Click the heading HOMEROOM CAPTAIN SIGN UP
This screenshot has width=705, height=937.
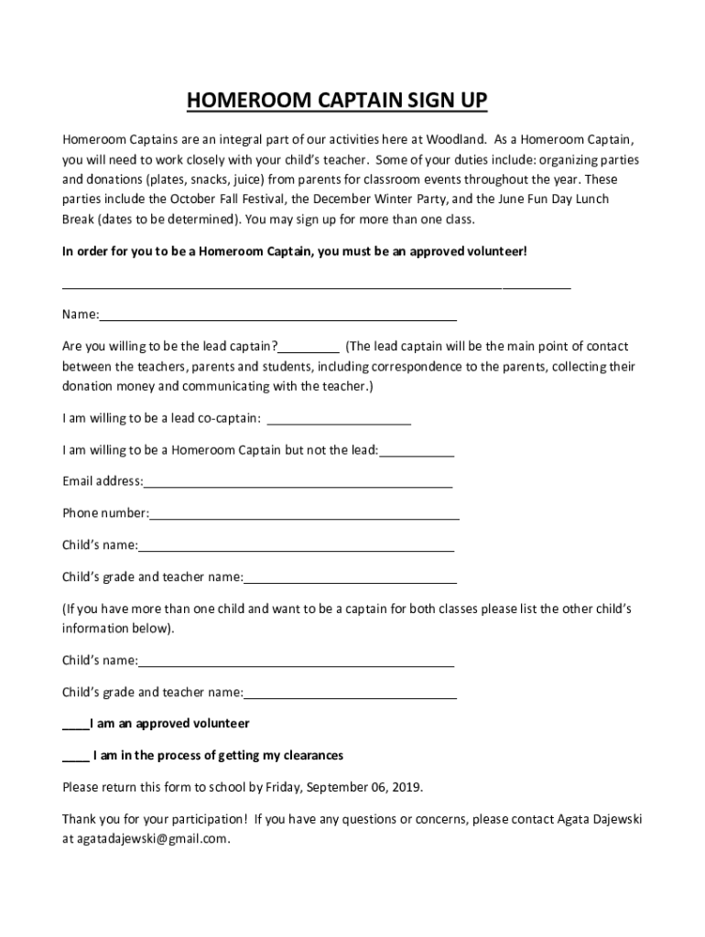337,101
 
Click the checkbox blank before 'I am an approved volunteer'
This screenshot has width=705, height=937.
75,727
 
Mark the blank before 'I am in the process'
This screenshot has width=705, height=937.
75,759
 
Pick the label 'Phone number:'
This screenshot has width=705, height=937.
105,513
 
